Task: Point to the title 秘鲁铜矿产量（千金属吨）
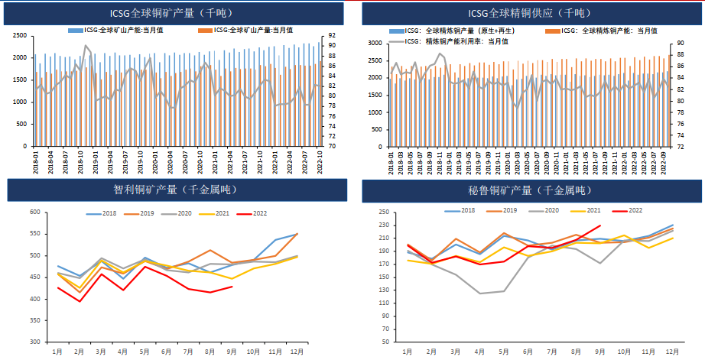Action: point(528,189)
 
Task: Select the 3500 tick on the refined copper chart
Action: point(375,44)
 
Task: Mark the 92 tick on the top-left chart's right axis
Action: point(333,36)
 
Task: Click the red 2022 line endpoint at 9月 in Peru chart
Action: point(599,225)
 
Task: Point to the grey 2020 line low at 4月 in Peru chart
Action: point(479,294)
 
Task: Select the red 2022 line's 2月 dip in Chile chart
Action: point(80,301)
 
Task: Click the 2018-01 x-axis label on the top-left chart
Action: point(36,164)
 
